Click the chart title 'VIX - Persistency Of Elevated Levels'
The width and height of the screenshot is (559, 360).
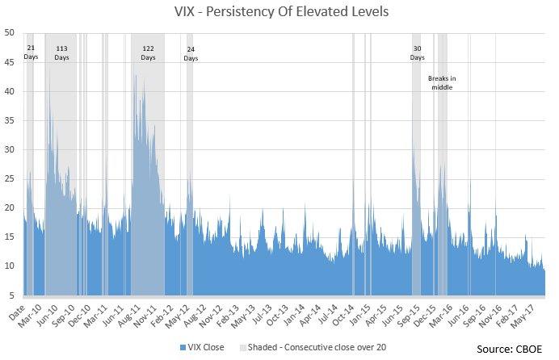279,12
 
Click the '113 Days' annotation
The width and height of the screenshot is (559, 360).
61,53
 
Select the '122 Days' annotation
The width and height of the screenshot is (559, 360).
148,53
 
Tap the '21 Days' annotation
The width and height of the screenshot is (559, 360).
31,52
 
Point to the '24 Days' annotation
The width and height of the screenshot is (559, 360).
191,53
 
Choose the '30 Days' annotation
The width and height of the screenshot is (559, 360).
417,53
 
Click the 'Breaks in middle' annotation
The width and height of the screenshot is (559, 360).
442,82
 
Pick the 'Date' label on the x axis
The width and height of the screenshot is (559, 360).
18,312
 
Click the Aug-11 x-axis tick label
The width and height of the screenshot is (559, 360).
139,313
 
